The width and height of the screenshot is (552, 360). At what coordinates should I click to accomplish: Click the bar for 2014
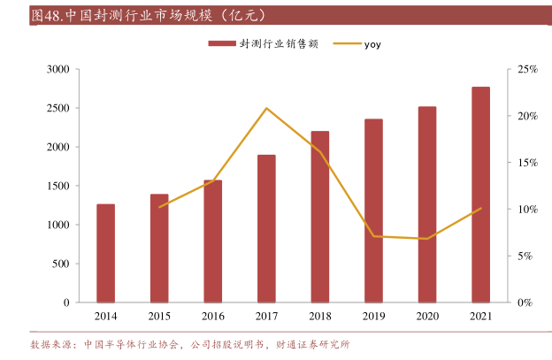coord(105,253)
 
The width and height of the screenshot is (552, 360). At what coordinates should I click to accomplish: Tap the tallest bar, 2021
coord(480,195)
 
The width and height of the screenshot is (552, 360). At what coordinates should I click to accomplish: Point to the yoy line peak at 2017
coord(266,109)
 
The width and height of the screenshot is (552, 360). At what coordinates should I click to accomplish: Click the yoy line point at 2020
coord(427,239)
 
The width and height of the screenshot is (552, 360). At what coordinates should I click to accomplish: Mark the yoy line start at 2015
coord(159,207)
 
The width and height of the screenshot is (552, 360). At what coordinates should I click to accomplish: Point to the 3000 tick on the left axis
coord(57,69)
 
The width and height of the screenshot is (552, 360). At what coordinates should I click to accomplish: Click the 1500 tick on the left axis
coord(57,186)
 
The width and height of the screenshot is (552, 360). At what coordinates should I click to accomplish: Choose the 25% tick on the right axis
coord(527,69)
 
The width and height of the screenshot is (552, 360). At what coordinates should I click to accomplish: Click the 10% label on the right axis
coord(527,210)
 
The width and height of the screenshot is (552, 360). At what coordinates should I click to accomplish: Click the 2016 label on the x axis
coord(212,316)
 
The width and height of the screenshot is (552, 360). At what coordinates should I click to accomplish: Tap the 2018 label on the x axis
coord(319,316)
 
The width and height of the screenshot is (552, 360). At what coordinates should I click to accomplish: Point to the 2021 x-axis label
coord(480,316)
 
